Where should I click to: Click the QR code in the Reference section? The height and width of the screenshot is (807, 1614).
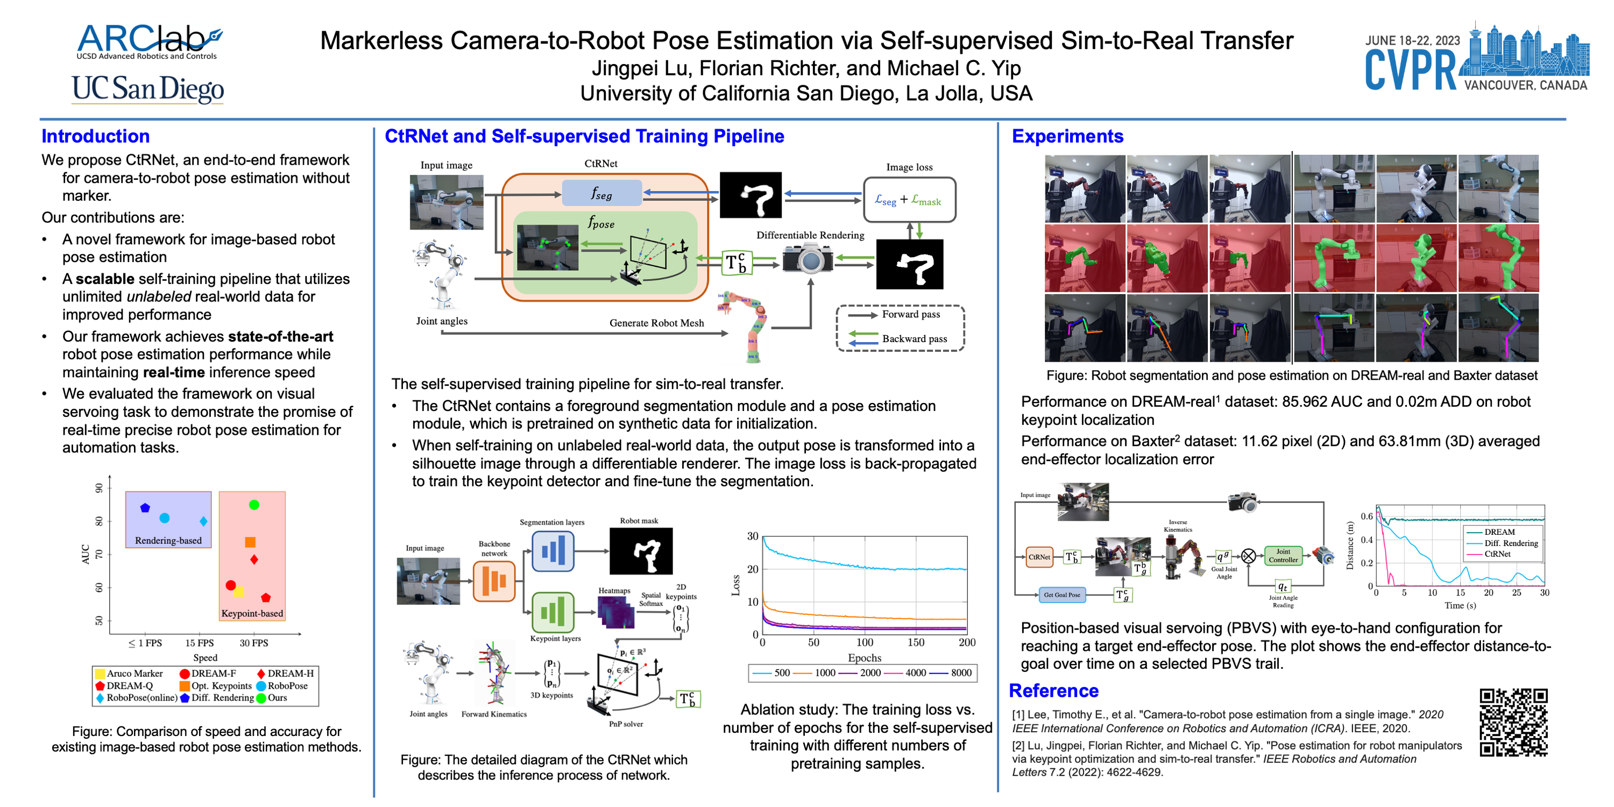pyautogui.click(x=1513, y=723)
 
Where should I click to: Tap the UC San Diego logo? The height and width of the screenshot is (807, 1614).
pyautogui.click(x=148, y=89)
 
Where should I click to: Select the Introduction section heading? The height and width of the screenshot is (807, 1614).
pyautogui.click(x=95, y=136)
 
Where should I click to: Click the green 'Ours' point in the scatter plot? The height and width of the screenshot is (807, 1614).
pyautogui.click(x=254, y=505)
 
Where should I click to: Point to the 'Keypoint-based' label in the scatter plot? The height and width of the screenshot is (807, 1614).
pyautogui.click(x=252, y=613)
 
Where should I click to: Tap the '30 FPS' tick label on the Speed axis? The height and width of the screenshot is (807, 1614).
pyautogui.click(x=254, y=643)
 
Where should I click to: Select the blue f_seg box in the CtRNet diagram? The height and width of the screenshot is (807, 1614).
pyautogui.click(x=601, y=193)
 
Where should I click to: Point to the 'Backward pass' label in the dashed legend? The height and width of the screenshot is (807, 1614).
pyautogui.click(x=914, y=339)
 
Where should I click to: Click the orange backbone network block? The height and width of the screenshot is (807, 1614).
pyautogui.click(x=494, y=581)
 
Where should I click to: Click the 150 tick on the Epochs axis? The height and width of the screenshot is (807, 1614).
pyautogui.click(x=915, y=642)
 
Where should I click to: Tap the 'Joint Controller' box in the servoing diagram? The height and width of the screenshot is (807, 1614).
pyautogui.click(x=1283, y=556)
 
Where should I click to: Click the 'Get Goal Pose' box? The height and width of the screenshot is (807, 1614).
pyautogui.click(x=1061, y=594)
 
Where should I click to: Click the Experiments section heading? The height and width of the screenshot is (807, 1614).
pyautogui.click(x=1067, y=136)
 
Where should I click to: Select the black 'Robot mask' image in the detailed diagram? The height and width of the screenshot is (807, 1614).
pyautogui.click(x=640, y=551)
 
